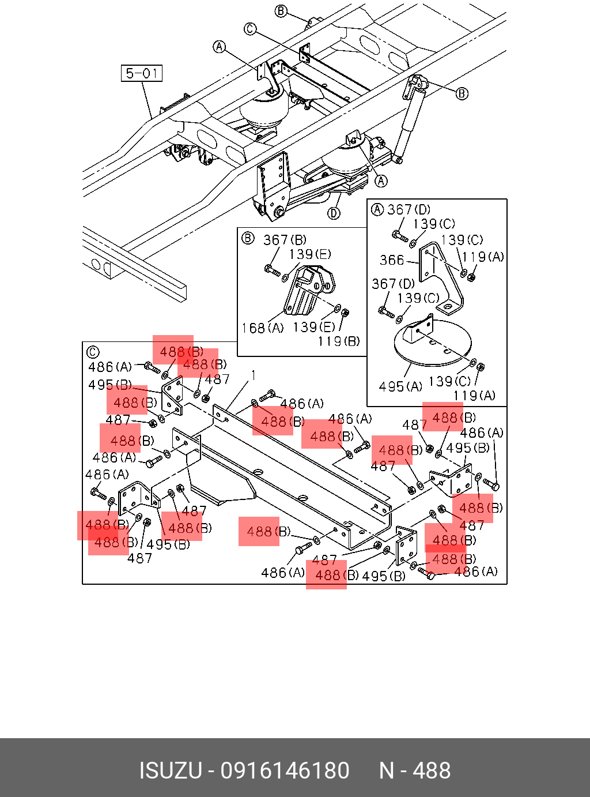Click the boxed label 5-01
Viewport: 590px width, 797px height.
(x=142, y=73)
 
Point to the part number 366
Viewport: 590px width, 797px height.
(x=392, y=260)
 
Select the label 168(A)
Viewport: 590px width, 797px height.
(x=262, y=328)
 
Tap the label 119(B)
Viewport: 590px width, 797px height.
(x=338, y=341)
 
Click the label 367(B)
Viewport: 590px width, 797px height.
(x=285, y=240)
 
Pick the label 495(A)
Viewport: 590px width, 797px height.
(x=400, y=386)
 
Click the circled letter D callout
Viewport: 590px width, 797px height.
(x=334, y=213)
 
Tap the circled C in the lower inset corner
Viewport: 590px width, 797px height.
(x=92, y=352)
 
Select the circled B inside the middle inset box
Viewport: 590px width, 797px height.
(x=248, y=238)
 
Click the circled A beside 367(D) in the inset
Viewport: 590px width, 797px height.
(x=377, y=209)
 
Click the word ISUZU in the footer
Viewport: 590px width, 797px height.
(x=171, y=770)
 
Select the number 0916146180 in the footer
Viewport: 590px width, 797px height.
(x=285, y=770)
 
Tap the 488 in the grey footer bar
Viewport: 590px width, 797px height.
(x=432, y=770)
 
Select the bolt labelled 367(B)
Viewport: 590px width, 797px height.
(x=271, y=269)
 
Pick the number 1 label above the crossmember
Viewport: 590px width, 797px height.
(x=253, y=376)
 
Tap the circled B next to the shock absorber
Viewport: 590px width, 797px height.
(x=462, y=93)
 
